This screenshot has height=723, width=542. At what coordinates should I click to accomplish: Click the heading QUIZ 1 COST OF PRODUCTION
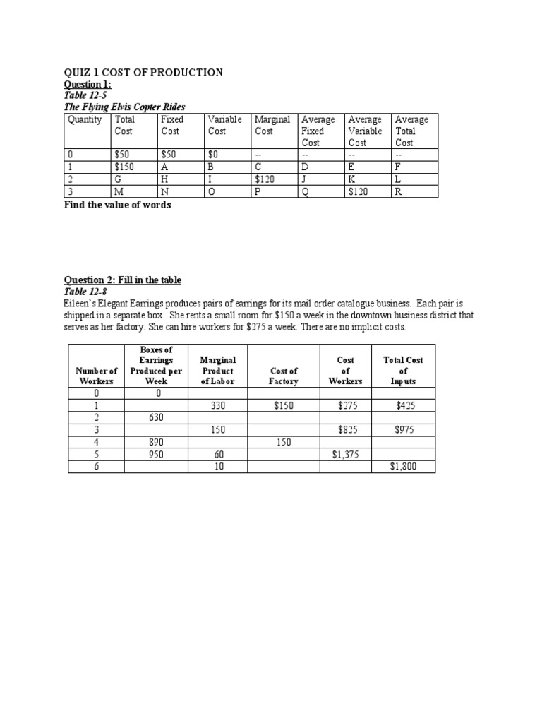click(144, 72)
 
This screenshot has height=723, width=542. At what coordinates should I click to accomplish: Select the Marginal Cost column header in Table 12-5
click(272, 126)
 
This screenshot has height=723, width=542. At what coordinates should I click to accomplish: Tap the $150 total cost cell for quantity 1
click(124, 167)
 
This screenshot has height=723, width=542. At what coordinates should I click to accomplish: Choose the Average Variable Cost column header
click(365, 131)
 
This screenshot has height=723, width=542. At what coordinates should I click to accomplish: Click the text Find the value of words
click(118, 205)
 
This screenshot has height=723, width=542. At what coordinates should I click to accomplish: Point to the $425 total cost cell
click(404, 406)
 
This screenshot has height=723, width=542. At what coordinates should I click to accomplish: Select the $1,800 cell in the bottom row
click(404, 466)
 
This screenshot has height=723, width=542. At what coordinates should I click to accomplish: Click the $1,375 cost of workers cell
click(345, 454)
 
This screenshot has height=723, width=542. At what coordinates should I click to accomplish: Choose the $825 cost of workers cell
click(345, 430)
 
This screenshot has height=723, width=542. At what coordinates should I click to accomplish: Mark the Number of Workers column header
click(97, 376)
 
